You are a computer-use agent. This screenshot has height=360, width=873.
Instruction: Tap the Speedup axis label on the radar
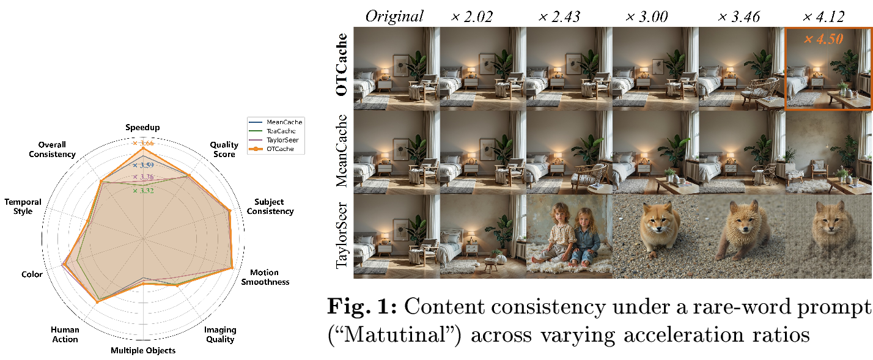[x=142, y=127]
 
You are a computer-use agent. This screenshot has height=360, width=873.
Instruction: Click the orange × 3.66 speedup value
[x=143, y=144]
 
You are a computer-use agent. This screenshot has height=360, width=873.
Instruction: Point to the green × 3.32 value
[x=143, y=191]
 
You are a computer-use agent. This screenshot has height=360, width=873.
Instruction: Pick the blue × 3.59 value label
[x=143, y=165]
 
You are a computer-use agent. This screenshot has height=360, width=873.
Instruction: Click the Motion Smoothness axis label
[x=265, y=277]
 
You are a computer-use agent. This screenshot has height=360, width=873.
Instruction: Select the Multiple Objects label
[x=143, y=350]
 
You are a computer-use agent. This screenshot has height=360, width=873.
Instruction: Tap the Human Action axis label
[x=65, y=334]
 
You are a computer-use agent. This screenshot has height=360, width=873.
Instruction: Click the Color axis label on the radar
[x=32, y=274]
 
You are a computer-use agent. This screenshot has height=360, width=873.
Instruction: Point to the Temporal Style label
[x=23, y=207]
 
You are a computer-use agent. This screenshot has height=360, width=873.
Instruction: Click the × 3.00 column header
[x=647, y=17]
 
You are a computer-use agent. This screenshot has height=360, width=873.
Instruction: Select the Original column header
[x=394, y=17]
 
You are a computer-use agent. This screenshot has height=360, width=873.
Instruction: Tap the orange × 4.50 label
[x=823, y=39]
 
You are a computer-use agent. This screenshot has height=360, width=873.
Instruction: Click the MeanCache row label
[x=341, y=151]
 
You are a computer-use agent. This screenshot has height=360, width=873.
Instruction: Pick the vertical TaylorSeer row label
[x=341, y=236]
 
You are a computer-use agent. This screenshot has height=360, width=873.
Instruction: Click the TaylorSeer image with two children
[x=569, y=237]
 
